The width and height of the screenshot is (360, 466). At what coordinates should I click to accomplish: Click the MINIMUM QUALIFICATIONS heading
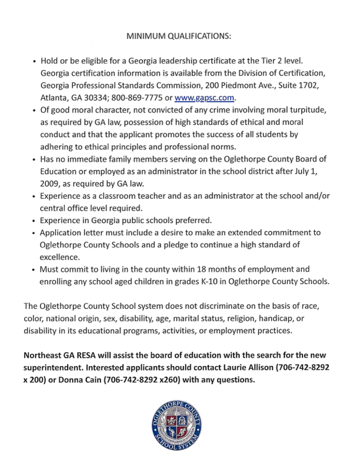pyautogui.click(x=180, y=36)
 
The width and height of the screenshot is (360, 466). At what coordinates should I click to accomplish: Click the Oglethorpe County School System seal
pyautogui.click(x=180, y=430)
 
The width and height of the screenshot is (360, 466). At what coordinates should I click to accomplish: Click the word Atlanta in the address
pyautogui.click(x=54, y=98)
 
